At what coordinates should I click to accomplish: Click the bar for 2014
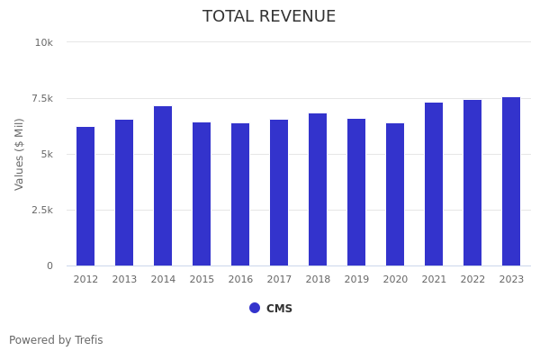pos(163,186)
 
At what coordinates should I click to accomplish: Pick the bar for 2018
pos(318,190)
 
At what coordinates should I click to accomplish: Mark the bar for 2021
pos(434,184)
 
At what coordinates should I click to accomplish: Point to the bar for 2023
pos(511,182)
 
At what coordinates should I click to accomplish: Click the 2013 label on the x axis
pos(124,280)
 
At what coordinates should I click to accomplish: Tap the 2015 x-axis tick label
pos(202,280)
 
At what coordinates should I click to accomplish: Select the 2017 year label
pos(279,280)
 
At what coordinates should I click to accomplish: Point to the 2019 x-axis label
pos(356,280)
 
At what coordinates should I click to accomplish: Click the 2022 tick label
pos(472,280)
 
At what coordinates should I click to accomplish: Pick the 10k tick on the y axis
pos(44,42)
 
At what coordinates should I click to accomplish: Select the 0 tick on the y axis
pos(49,265)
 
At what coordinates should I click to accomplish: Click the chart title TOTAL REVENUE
pos(269,17)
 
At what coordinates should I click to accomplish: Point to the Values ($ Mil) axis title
pos(20,154)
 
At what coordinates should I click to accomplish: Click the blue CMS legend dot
pos(255,308)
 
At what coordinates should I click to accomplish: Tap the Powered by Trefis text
pos(56,340)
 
